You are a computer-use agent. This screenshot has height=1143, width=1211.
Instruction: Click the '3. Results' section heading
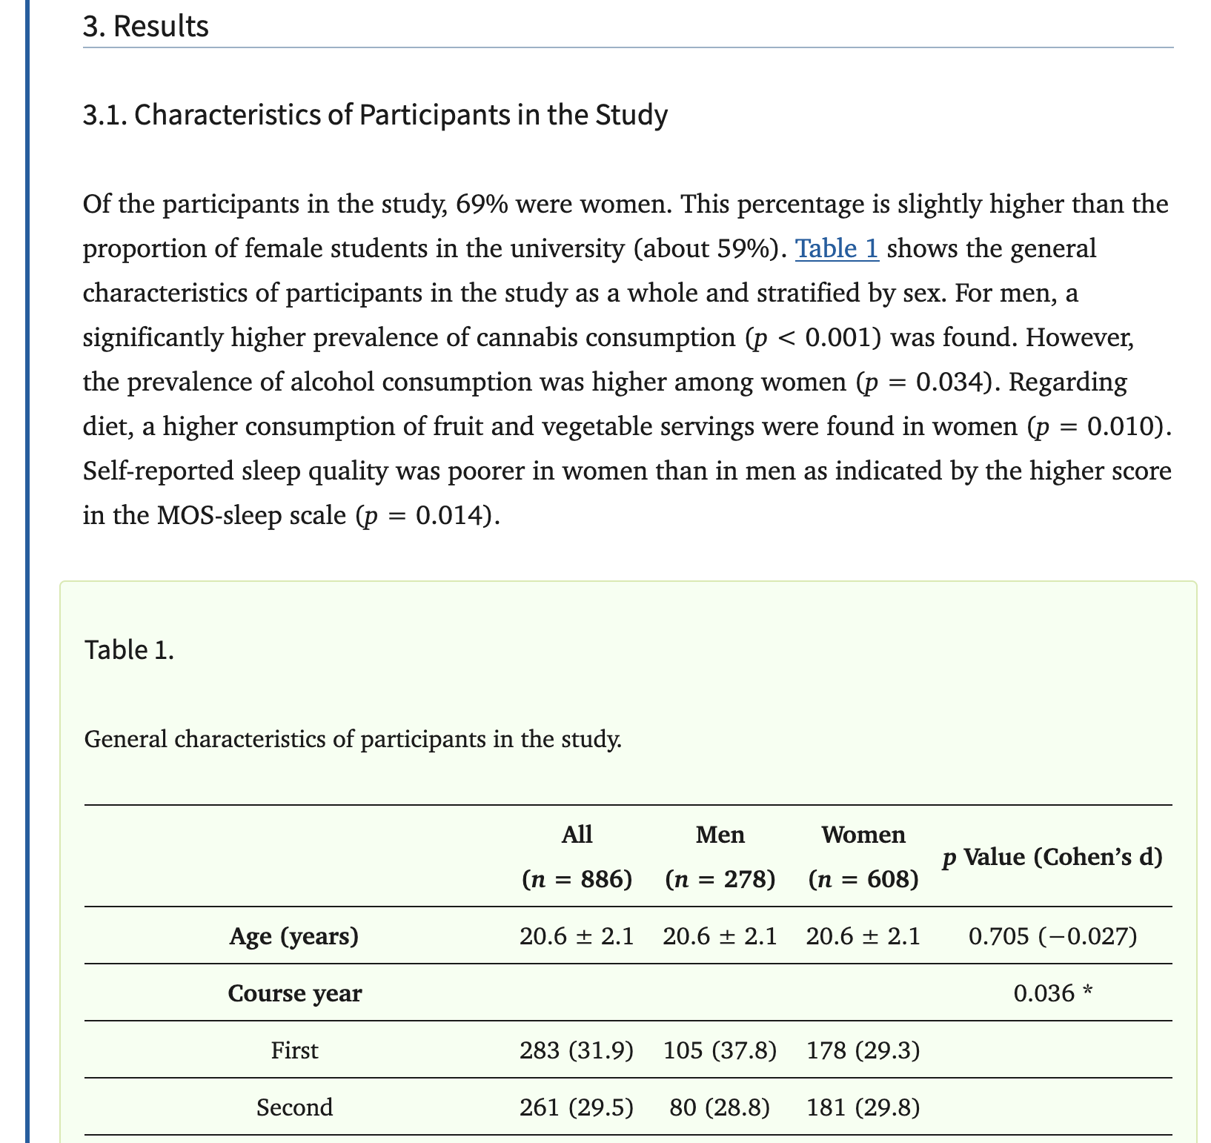[x=146, y=27]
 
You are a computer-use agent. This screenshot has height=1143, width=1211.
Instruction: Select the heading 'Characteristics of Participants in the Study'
[x=375, y=116]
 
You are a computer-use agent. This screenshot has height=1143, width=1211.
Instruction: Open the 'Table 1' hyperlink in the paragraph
[x=837, y=248]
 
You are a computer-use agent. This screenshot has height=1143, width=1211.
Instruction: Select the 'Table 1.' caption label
[x=130, y=649]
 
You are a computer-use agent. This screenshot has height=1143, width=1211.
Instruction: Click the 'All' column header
[x=577, y=835]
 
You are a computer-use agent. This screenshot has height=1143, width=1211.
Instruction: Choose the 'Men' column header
[x=720, y=835]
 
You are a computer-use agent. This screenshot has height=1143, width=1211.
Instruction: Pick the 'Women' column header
[x=863, y=835]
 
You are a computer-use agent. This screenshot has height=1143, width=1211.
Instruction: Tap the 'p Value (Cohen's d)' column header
[x=1052, y=858]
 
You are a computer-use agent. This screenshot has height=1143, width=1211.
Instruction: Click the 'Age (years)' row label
[x=294, y=937]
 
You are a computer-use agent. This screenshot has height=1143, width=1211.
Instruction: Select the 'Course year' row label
[x=295, y=993]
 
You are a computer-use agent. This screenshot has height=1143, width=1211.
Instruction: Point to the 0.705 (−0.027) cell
[x=1052, y=937]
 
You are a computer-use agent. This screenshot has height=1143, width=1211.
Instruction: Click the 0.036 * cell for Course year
[x=1052, y=993]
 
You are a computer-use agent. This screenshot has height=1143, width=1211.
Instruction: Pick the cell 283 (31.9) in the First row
[x=577, y=1050]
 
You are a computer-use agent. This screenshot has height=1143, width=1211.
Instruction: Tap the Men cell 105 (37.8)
[x=720, y=1050]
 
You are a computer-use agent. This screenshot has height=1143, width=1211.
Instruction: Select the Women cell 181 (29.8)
[x=863, y=1107]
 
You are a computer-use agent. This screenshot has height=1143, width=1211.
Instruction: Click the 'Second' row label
[x=295, y=1107]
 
